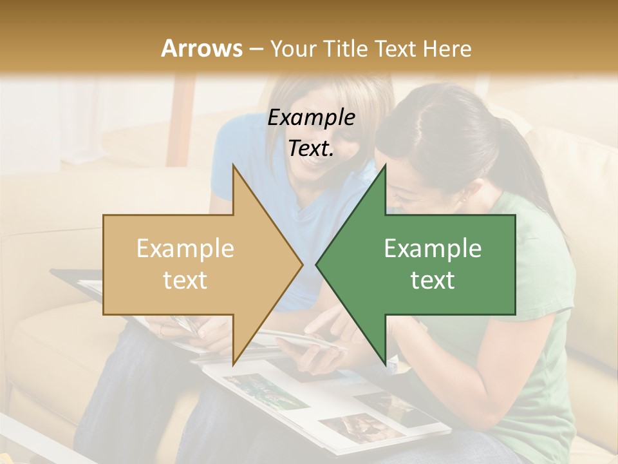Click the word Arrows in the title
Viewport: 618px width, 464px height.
(202, 48)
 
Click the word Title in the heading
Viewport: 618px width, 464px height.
(346, 48)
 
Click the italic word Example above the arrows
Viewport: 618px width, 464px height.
(312, 118)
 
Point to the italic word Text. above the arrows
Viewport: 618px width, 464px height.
(312, 149)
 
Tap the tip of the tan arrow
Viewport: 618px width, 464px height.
(301, 264)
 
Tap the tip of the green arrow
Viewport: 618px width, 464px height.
(318, 264)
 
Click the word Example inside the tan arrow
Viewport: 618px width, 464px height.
(185, 249)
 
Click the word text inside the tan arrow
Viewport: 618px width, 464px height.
(185, 280)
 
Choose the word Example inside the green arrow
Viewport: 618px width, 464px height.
(433, 249)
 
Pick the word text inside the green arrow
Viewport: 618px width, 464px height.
(433, 280)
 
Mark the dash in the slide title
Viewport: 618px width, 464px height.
(256, 49)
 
